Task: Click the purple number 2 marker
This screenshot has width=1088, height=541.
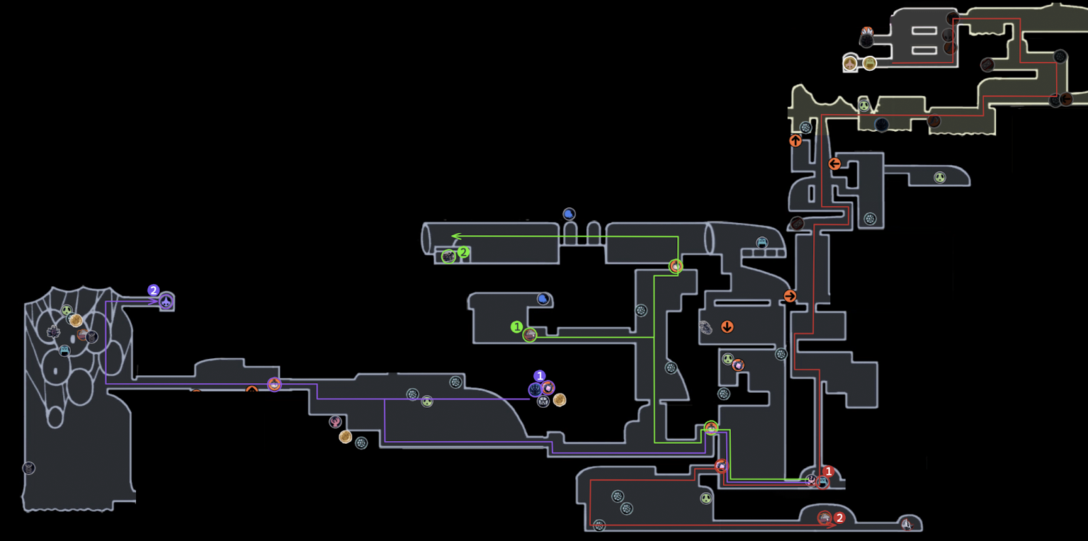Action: pos(154,290)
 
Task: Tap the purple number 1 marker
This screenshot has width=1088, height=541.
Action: pos(540,376)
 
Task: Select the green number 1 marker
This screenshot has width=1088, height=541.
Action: pos(516,327)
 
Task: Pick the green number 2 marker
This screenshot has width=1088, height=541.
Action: pos(463,252)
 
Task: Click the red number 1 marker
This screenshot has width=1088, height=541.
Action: pos(828,471)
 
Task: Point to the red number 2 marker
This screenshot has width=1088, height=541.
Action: pos(839,518)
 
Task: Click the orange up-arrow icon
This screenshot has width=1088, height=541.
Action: pos(796,141)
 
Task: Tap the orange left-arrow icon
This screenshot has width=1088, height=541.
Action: pos(834,164)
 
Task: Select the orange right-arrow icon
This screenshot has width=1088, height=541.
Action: pos(789,296)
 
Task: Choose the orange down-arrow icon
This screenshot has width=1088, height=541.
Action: pos(727,326)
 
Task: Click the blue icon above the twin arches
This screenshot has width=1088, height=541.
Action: pos(569,214)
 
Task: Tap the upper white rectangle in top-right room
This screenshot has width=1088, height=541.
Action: pos(924,31)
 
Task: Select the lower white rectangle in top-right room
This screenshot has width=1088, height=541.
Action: pos(924,50)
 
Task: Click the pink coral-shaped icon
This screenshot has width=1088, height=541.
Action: pos(335,422)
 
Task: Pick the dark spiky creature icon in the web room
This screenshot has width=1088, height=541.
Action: pos(53,332)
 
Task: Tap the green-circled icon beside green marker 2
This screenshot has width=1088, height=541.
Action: pos(448,256)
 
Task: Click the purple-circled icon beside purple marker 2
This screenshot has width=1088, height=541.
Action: pos(166,301)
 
